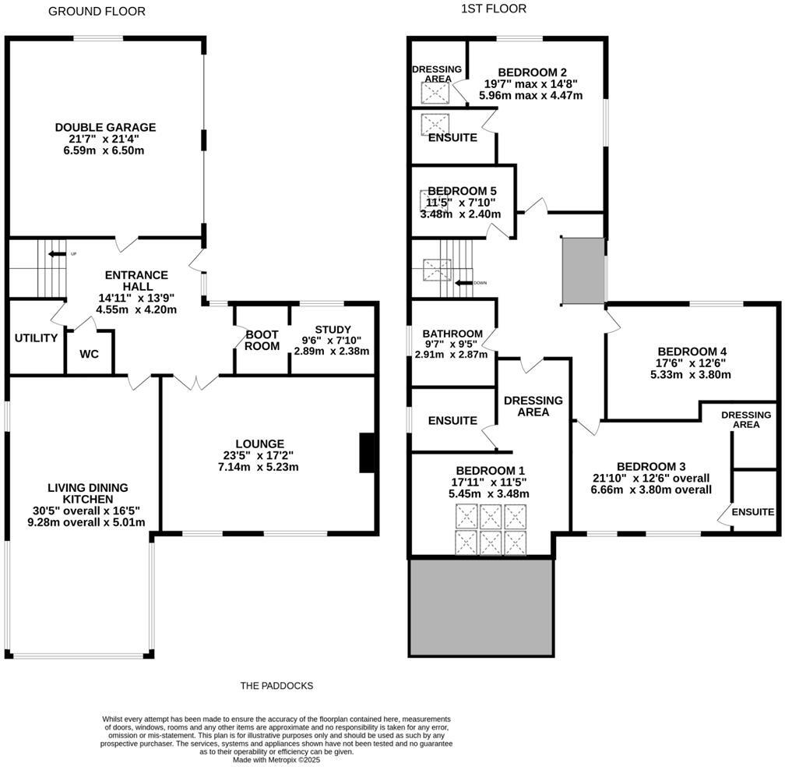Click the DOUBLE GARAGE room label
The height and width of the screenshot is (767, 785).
point(105,127)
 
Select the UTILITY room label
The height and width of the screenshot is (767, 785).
point(36,338)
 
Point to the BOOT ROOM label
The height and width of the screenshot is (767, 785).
point(262,340)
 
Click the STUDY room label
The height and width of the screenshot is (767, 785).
point(333,329)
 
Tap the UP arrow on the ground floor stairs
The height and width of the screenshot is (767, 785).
point(56,254)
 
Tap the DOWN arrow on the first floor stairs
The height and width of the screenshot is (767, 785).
point(465,283)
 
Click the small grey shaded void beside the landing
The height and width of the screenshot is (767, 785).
point(583,271)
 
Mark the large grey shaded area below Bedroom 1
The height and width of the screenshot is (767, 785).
point(481,607)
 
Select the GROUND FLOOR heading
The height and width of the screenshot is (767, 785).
point(97,11)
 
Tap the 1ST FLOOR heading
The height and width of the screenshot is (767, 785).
point(494,9)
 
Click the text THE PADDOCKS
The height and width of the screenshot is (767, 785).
point(276,686)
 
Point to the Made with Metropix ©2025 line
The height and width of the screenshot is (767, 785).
point(276,759)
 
